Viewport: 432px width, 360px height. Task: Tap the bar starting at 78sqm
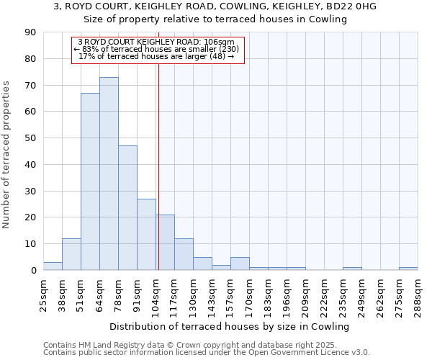[127, 208]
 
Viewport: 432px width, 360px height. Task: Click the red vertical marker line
[158, 180]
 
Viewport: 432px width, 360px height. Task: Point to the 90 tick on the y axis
[30, 32]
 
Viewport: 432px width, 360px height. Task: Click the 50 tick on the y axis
[30, 138]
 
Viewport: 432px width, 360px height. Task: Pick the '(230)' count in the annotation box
[225, 49]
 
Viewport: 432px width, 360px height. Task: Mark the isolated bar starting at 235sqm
[352, 269]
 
